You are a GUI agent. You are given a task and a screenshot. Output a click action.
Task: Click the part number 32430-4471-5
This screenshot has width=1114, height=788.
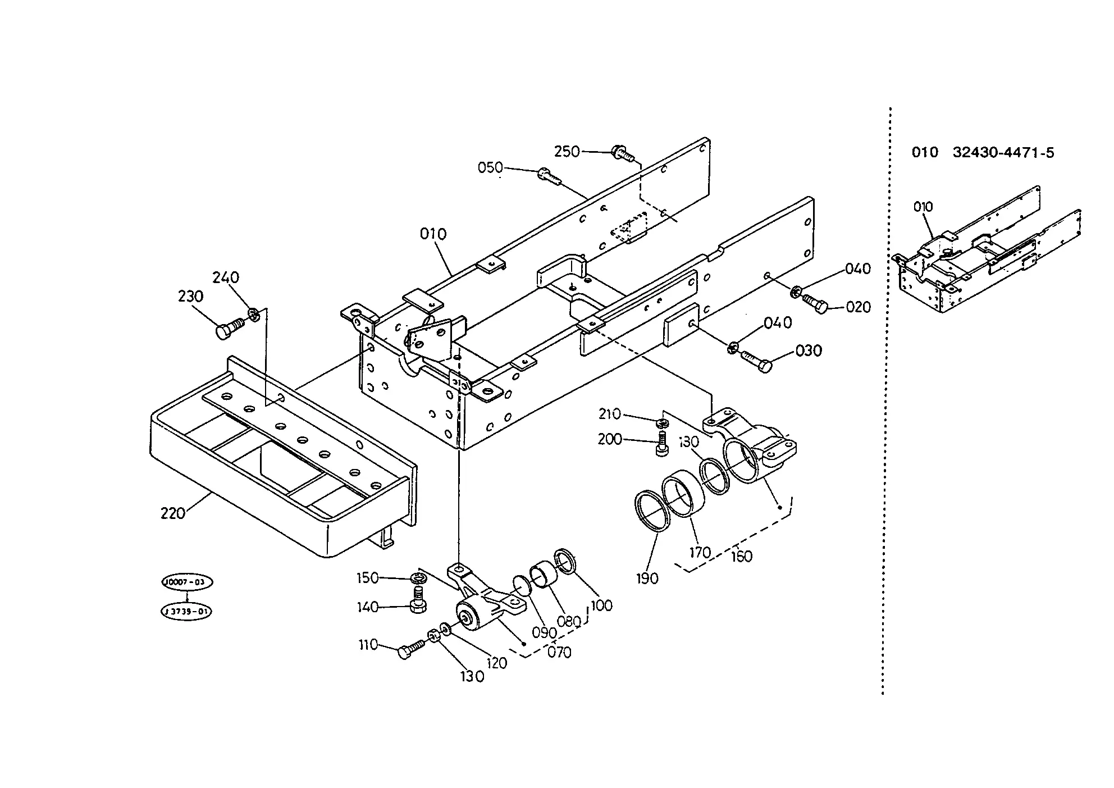click(x=1003, y=152)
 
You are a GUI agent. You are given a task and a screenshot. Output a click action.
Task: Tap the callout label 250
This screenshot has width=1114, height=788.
click(x=567, y=152)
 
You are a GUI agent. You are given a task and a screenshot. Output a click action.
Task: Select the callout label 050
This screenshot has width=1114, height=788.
click(x=491, y=168)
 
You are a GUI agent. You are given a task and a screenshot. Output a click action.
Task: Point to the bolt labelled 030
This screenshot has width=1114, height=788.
click(x=757, y=361)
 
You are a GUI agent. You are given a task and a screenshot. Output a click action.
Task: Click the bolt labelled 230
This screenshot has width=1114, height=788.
click(x=229, y=327)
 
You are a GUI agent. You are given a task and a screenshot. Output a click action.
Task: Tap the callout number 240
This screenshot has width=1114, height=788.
click(x=226, y=277)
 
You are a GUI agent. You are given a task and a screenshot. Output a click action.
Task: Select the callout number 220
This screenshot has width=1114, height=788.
click(x=173, y=513)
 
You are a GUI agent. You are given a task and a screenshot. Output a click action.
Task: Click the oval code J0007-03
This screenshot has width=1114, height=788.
click(x=187, y=582)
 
